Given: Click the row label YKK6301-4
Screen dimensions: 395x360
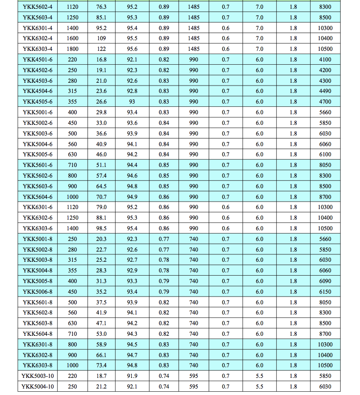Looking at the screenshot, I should click(x=37, y=28).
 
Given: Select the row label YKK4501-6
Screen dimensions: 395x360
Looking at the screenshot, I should click(x=37, y=60).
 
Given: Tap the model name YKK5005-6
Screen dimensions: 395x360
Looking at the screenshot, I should click(x=37, y=154).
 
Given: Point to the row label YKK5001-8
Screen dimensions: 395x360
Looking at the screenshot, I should click(x=37, y=239).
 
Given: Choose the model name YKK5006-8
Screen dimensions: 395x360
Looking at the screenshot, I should click(x=37, y=292).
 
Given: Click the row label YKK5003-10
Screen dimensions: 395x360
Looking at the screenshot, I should click(x=37, y=376).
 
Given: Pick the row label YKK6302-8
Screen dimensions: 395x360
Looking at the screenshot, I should click(x=37, y=355).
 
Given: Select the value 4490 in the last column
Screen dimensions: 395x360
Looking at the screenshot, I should click(x=325, y=91).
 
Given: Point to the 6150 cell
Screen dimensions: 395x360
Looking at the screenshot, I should click(x=325, y=292).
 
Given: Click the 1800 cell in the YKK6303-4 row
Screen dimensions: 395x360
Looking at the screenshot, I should click(x=73, y=49).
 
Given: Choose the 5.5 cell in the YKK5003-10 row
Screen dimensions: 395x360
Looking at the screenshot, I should click(x=259, y=376).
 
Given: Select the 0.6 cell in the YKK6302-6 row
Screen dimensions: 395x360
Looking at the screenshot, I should click(x=226, y=218).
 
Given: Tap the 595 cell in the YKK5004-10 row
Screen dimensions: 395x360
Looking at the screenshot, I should click(x=194, y=387).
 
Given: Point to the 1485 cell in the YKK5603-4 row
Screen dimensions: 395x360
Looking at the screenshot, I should click(x=194, y=18).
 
